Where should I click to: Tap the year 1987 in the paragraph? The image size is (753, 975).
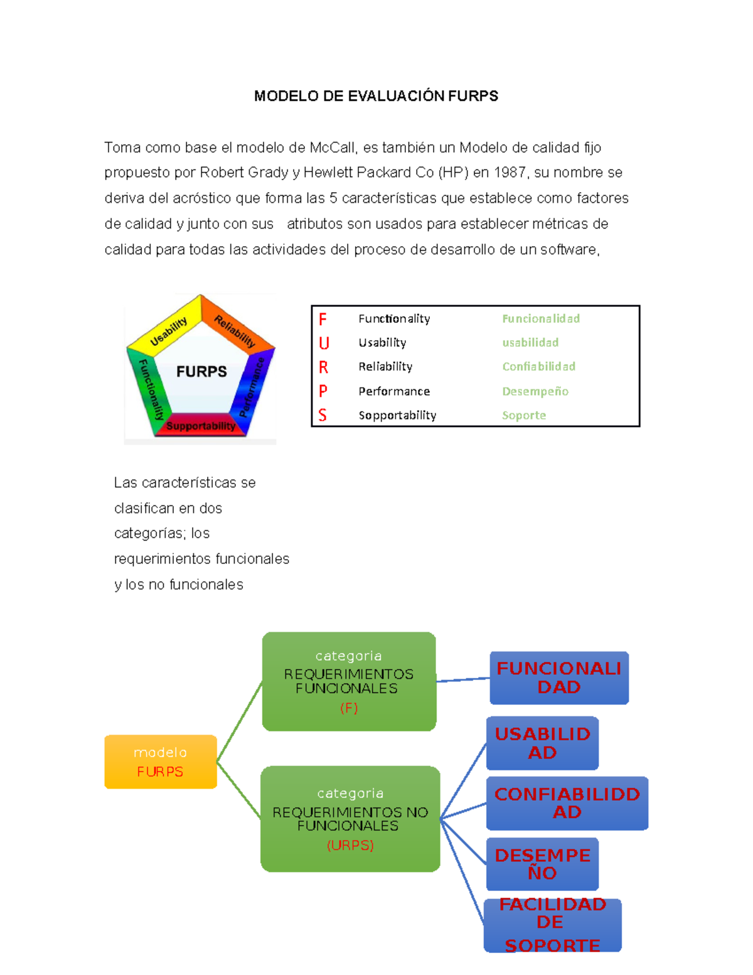pyautogui.click(x=510, y=173)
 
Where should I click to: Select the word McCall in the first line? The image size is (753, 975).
pyautogui.click(x=333, y=148)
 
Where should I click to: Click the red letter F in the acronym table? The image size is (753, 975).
pyautogui.click(x=323, y=319)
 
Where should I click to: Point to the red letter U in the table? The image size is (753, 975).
pyautogui.click(x=324, y=343)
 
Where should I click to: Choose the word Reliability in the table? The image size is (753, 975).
pyautogui.click(x=385, y=367)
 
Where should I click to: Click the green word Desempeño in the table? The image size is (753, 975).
pyautogui.click(x=535, y=391)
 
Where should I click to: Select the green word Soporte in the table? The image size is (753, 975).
pyautogui.click(x=524, y=415)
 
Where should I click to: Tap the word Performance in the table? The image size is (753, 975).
pyautogui.click(x=394, y=391)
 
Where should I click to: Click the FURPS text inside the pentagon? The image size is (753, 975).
pyautogui.click(x=201, y=372)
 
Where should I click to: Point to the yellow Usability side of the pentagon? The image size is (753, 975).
pyautogui.click(x=168, y=330)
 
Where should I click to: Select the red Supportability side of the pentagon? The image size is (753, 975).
pyautogui.click(x=200, y=426)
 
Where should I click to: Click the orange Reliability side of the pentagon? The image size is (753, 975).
pyautogui.click(x=235, y=330)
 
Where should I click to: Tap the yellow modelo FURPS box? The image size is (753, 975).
pyautogui.click(x=161, y=762)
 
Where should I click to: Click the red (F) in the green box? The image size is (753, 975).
pyautogui.click(x=349, y=708)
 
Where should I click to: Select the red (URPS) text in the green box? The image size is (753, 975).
pyautogui.click(x=350, y=845)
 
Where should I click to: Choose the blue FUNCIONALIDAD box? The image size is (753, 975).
pyautogui.click(x=559, y=677)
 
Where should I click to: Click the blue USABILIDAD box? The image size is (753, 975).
pyautogui.click(x=542, y=743)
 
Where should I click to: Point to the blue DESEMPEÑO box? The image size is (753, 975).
pyautogui.click(x=542, y=864)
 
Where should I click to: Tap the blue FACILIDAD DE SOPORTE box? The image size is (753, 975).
pyautogui.click(x=552, y=925)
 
